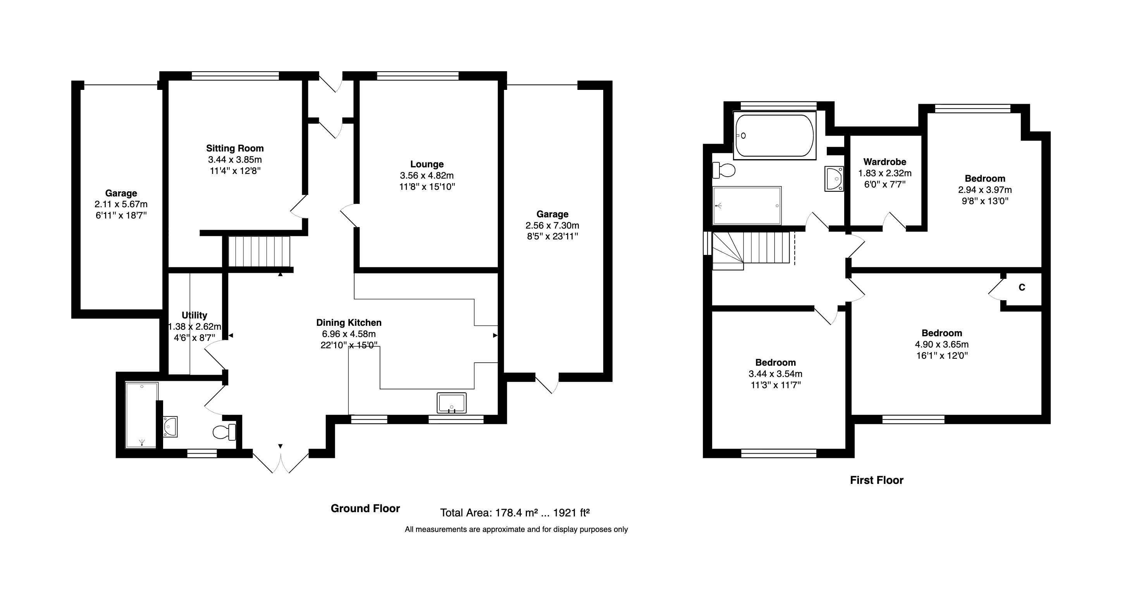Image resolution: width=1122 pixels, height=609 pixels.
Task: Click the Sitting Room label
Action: click(235, 148)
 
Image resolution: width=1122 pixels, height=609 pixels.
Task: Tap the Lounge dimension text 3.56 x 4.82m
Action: click(427, 175)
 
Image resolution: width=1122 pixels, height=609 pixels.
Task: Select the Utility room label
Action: click(194, 315)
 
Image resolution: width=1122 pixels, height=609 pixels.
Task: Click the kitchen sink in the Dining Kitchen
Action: click(451, 403)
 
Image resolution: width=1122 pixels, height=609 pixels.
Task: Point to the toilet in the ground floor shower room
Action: click(224, 432)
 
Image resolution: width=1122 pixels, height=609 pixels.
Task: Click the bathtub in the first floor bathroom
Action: click(774, 136)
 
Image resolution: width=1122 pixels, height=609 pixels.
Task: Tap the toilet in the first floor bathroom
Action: click(723, 170)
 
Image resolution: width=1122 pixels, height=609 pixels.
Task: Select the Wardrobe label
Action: click(885, 162)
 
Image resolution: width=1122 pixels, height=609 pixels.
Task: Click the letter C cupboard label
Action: click(1022, 287)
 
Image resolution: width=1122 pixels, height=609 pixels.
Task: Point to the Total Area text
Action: click(515, 513)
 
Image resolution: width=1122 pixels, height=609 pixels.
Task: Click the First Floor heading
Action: click(876, 480)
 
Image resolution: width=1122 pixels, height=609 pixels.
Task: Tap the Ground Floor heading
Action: click(365, 508)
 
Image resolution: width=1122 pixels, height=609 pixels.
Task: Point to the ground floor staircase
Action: click(259, 251)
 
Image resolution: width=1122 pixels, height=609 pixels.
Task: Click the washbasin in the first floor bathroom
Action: click(834, 179)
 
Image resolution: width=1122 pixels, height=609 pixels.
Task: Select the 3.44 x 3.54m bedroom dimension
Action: click(775, 374)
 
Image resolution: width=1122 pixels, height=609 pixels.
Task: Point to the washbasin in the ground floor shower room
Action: click(170, 427)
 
